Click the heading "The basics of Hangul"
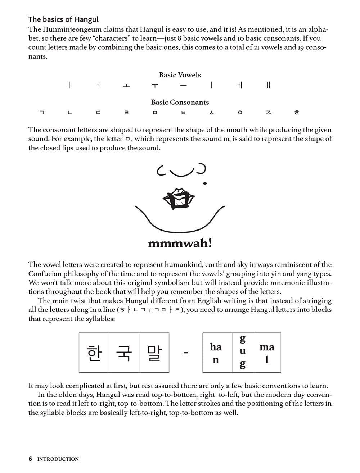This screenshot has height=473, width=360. [63, 19]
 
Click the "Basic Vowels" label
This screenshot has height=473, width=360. [180, 75]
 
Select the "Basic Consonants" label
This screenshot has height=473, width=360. [180, 102]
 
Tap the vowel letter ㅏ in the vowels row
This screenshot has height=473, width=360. [69, 85]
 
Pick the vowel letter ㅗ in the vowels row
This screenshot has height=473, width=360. [126, 86]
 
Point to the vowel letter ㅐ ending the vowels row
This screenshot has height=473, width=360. [269, 85]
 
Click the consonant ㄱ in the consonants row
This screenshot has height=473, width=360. [41, 113]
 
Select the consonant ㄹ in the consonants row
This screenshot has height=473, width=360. [126, 113]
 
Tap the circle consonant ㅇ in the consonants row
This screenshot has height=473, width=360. [240, 113]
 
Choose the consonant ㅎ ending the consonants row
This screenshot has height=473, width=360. [297, 113]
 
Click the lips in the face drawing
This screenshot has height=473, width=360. [179, 199]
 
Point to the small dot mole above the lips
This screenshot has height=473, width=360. [205, 183]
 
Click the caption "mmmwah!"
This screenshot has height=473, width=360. [180, 244]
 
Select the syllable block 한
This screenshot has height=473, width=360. [94, 353]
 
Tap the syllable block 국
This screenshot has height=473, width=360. [124, 353]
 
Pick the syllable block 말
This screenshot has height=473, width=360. [154, 353]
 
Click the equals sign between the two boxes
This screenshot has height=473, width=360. [186, 353]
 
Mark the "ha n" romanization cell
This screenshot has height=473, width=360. [216, 353]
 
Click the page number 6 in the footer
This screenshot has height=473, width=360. [30, 459]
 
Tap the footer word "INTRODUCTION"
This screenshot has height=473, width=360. [58, 459]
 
